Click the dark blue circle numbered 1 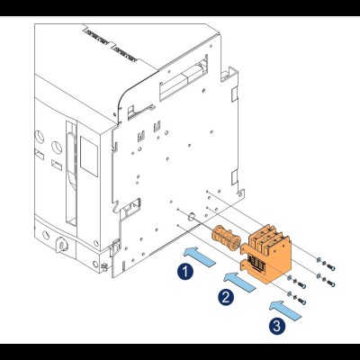185,272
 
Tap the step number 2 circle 226,297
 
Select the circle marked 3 276,325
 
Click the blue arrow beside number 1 199,256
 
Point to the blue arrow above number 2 239,281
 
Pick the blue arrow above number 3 284,310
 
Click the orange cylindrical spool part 226,238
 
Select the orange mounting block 265,254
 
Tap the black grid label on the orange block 256,265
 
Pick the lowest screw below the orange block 297,298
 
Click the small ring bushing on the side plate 192,216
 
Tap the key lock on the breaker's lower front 62,245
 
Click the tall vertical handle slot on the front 71,174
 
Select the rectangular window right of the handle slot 89,157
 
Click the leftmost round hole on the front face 39,138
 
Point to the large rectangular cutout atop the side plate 184,77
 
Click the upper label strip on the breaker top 97,36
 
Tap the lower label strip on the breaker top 126,53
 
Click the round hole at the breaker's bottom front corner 95,265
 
